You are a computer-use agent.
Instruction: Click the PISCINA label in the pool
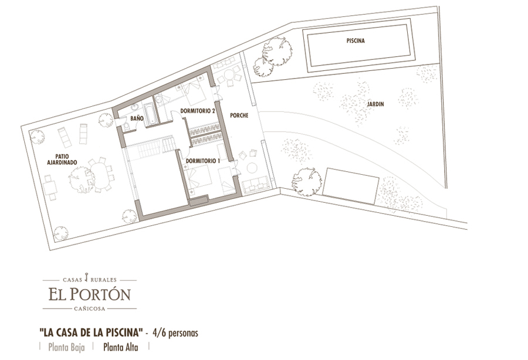click(356, 40)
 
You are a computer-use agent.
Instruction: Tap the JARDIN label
click(375, 104)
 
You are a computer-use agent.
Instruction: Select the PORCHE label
click(239, 116)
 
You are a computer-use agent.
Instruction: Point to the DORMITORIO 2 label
click(198, 111)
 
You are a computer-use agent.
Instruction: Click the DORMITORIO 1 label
click(203, 161)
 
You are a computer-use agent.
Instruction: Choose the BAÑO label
click(137, 118)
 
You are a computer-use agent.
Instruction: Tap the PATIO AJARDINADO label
click(62, 159)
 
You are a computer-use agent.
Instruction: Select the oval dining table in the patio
click(100, 175)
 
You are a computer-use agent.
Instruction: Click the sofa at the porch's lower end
click(256, 185)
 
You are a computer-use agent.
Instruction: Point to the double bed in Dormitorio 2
click(194, 91)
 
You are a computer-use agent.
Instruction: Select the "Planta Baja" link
click(66, 347)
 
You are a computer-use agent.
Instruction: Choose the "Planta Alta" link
click(120, 347)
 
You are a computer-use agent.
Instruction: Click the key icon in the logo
click(87, 277)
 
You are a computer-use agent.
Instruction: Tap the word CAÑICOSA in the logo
click(90, 308)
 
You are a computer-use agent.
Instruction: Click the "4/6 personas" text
click(175, 333)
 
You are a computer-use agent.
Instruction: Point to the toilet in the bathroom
click(127, 126)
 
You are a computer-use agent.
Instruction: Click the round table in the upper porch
click(229, 74)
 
